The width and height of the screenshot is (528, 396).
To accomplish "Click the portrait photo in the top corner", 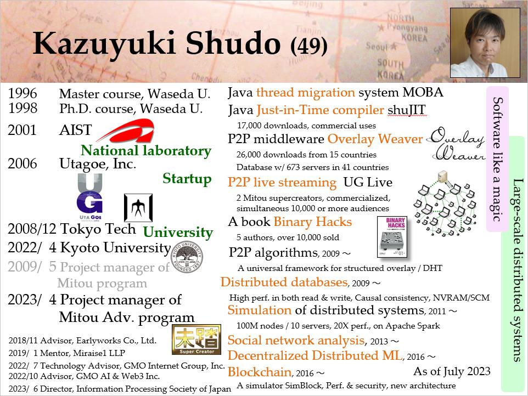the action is [x=485, y=43].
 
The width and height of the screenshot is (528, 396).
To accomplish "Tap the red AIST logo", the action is [x=126, y=131].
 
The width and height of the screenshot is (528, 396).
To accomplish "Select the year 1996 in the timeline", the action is [x=23, y=94].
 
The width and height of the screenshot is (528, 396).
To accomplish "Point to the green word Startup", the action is [x=187, y=179].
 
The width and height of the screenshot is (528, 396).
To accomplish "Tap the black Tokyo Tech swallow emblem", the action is [x=138, y=207].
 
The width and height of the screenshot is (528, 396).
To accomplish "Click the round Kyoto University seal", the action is [x=187, y=257].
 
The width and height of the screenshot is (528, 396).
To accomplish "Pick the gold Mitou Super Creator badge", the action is [x=196, y=340].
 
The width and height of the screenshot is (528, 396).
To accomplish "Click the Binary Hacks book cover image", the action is [x=392, y=237].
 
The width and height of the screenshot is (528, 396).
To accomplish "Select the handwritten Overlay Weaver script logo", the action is [x=457, y=144].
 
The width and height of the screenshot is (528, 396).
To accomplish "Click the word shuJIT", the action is [x=407, y=110].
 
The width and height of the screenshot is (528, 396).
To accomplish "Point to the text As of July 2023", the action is [x=452, y=371].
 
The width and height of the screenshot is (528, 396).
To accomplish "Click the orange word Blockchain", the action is [x=259, y=372].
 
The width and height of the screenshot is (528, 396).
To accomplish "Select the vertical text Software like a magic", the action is [x=497, y=159].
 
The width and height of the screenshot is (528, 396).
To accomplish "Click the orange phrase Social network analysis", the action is [x=296, y=340].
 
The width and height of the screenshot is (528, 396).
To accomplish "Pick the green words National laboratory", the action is [x=146, y=150].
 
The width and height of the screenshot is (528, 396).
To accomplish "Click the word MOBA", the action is [x=423, y=92].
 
